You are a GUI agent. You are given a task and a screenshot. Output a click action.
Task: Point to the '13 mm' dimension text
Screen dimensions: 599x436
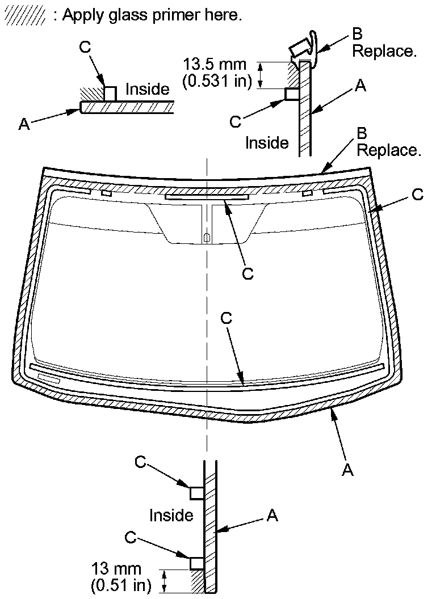(x=116, y=568)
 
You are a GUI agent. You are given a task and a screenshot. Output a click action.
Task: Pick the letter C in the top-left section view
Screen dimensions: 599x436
(x=86, y=48)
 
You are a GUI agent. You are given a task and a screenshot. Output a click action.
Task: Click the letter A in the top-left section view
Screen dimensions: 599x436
(x=24, y=124)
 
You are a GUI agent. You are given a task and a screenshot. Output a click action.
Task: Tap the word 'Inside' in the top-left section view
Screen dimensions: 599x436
(x=148, y=89)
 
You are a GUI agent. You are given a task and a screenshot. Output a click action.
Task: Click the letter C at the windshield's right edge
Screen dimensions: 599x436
(x=417, y=195)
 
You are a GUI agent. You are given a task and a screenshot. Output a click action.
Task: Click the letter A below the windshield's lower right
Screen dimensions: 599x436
(x=349, y=470)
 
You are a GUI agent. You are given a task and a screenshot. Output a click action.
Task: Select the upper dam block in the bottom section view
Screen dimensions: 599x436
(x=197, y=492)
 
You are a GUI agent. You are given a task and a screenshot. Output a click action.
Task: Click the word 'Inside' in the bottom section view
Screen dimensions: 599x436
(x=171, y=515)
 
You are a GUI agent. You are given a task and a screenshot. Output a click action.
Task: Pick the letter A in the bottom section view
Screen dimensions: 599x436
(x=272, y=515)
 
